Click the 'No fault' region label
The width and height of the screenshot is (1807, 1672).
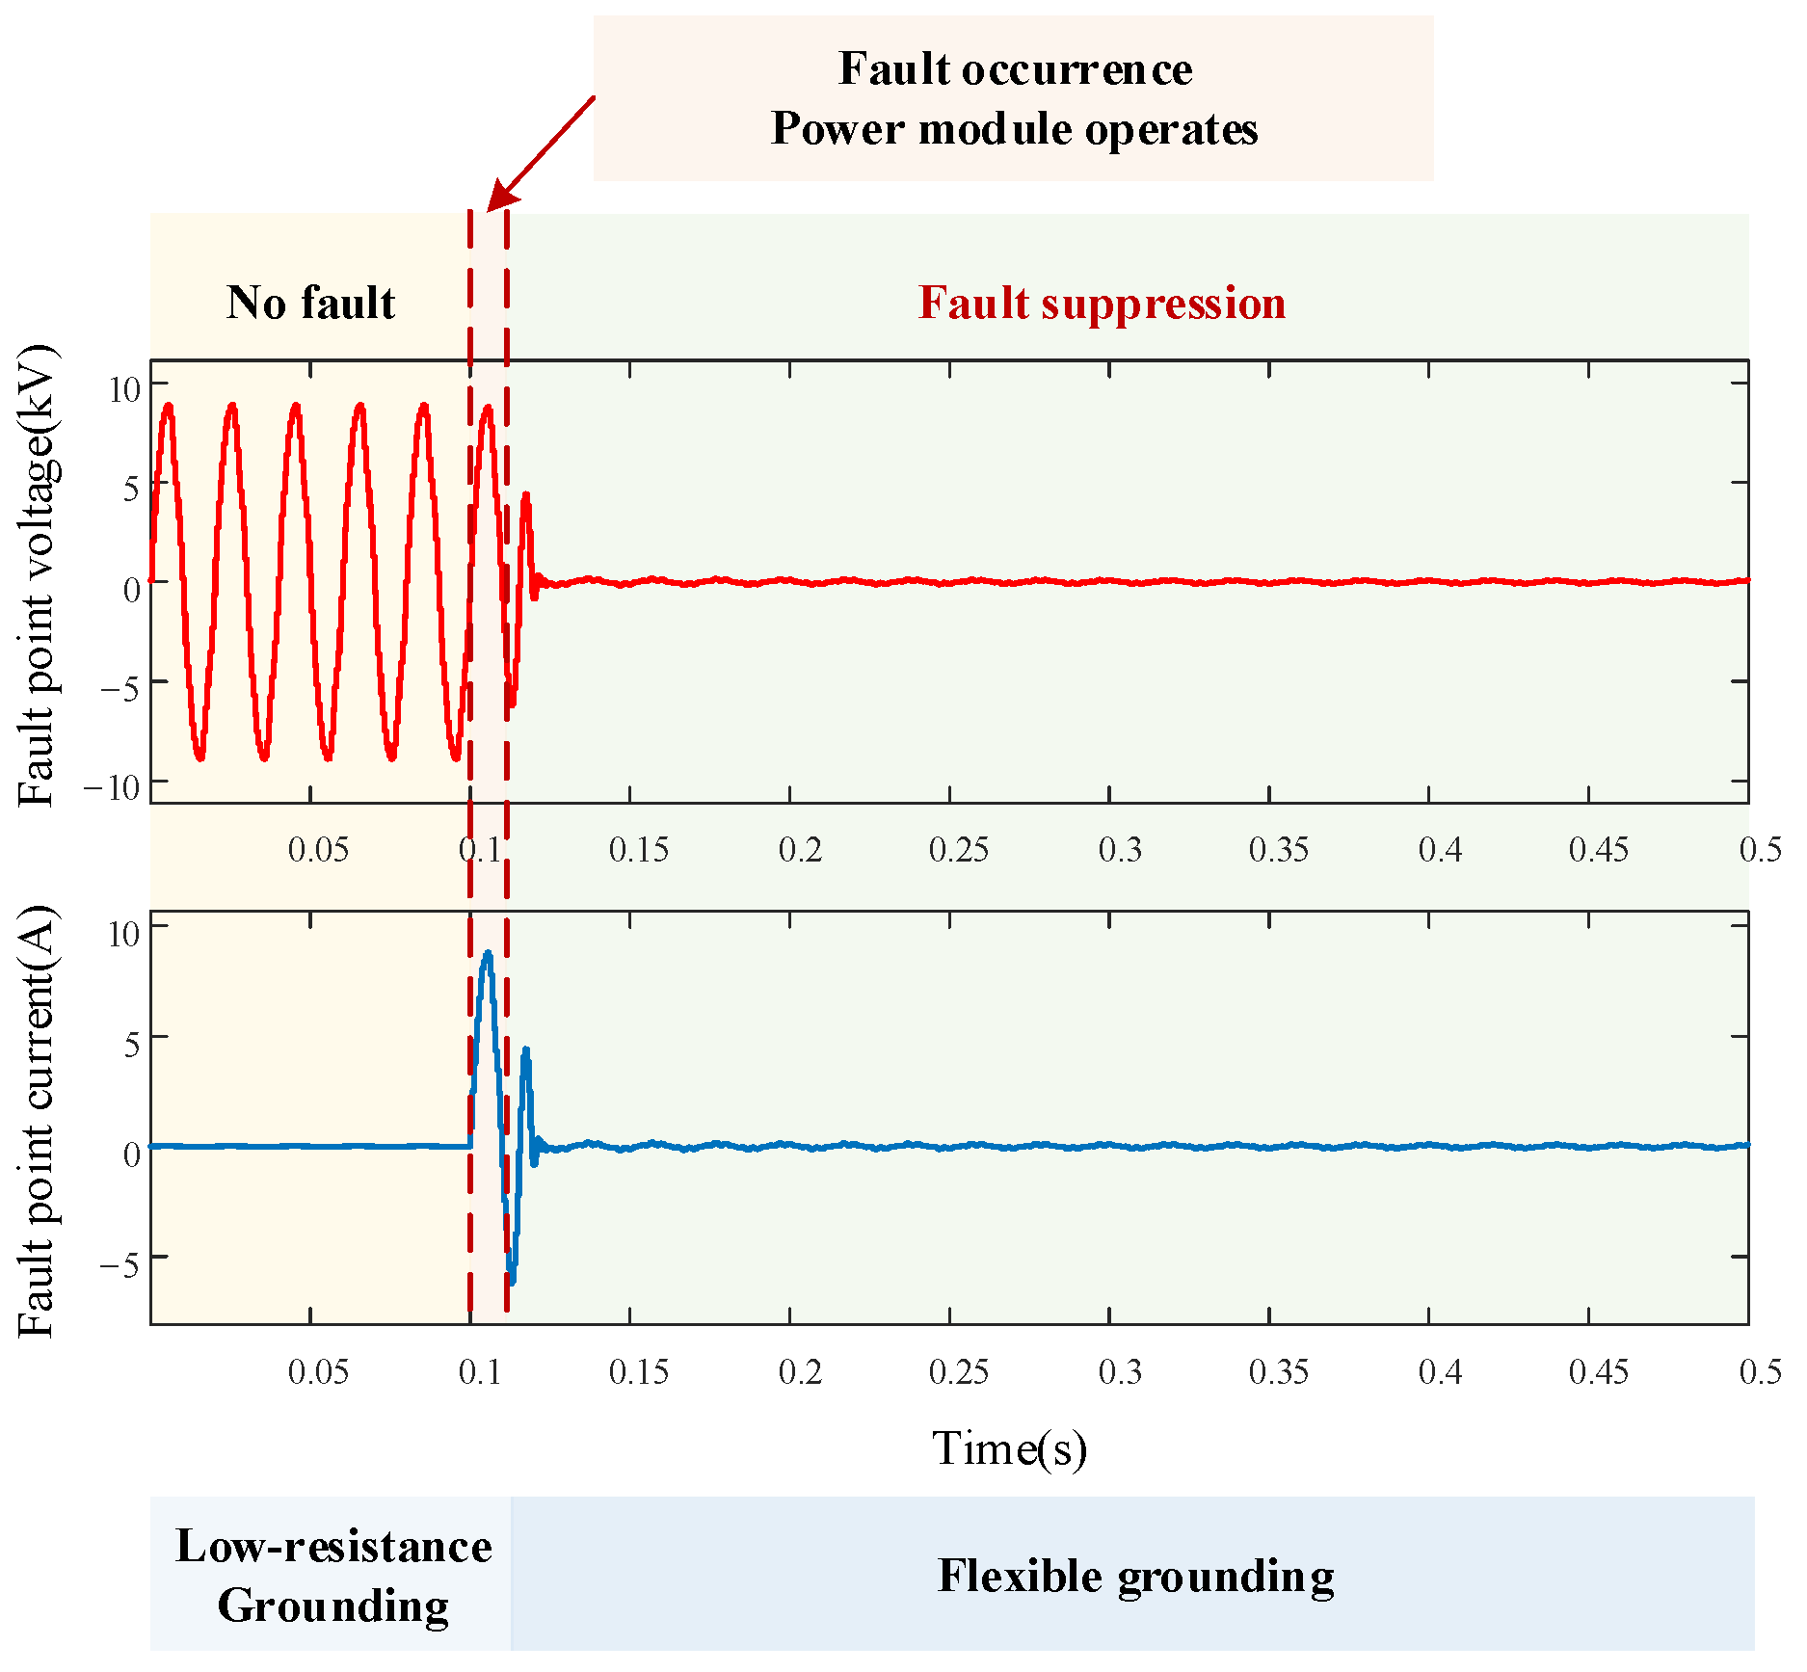tap(310, 303)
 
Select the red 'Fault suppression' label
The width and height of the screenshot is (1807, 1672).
tap(1102, 303)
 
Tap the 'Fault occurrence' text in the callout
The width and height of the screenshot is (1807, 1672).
tap(1015, 69)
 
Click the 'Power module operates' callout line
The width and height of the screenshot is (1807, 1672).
tap(1015, 129)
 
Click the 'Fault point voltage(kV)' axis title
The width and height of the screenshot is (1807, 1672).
tap(39, 576)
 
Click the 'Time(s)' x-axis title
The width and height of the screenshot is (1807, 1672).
tap(1009, 1447)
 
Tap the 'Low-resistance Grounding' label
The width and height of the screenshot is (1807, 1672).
tap(333, 1575)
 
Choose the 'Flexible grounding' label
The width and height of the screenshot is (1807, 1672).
tap(1135, 1577)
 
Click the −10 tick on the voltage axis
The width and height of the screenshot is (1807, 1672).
tap(112, 788)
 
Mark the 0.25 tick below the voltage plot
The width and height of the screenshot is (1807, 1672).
tap(958, 850)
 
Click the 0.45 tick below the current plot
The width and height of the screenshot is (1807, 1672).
tap(1598, 1372)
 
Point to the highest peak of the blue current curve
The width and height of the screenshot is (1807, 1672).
tap(488, 953)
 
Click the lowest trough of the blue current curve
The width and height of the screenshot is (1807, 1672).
tap(512, 1283)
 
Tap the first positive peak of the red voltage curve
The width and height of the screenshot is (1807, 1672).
tap(169, 406)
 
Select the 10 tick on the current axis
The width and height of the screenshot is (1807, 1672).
tap(124, 933)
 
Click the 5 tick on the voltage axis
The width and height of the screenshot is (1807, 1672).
tap(131, 488)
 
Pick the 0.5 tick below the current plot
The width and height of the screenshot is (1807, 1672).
tap(1760, 1372)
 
